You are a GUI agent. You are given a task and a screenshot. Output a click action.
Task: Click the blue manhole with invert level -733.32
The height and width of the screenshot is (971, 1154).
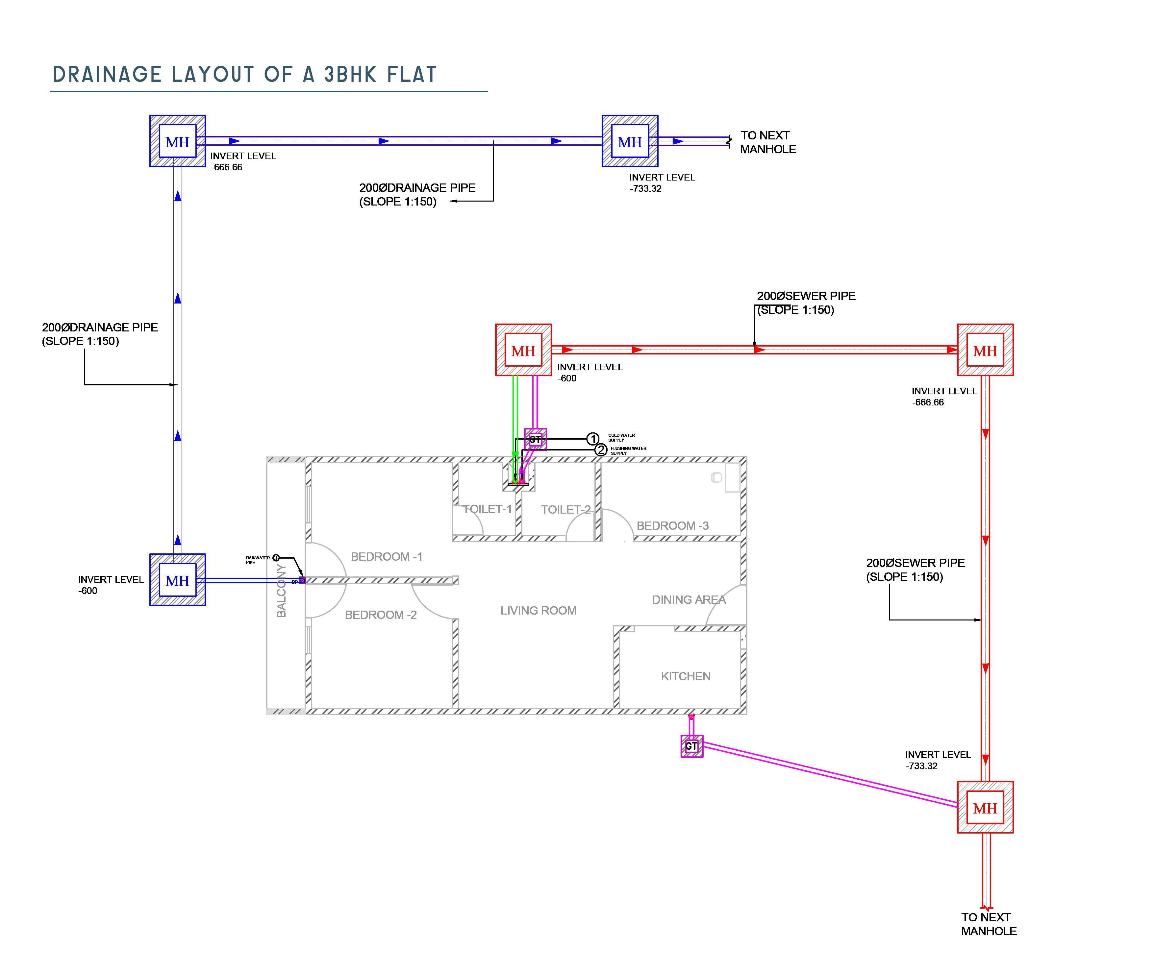click(x=630, y=141)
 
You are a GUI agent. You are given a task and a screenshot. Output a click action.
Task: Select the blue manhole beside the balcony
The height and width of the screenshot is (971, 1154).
click(x=177, y=580)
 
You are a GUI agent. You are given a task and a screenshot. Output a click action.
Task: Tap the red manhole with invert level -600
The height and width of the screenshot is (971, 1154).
click(x=523, y=351)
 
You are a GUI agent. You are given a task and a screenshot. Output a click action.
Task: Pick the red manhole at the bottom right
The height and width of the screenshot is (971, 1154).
click(x=985, y=808)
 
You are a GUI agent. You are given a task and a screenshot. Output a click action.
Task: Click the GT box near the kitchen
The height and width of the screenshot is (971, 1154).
click(x=691, y=746)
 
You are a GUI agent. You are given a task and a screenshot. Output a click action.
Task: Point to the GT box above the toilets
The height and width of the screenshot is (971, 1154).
click(x=535, y=439)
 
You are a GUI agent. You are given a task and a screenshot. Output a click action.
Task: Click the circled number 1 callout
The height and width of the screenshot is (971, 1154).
click(x=592, y=439)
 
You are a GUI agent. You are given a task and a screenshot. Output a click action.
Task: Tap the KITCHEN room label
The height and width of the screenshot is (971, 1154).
click(x=686, y=676)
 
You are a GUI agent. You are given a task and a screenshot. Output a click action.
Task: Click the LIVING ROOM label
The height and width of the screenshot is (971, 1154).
click(x=538, y=611)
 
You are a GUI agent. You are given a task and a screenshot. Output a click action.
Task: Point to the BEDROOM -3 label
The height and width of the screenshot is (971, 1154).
click(x=672, y=526)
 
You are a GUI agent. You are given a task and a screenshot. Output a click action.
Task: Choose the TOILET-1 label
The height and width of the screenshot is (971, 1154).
click(x=487, y=509)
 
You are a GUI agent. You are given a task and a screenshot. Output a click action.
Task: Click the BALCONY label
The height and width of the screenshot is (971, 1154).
click(x=281, y=591)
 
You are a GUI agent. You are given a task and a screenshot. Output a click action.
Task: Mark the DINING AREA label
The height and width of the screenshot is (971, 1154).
click(x=689, y=599)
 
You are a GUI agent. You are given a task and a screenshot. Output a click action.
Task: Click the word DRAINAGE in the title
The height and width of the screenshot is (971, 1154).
click(x=107, y=74)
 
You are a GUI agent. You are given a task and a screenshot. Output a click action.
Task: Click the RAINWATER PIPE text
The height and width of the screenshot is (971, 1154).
click(x=257, y=560)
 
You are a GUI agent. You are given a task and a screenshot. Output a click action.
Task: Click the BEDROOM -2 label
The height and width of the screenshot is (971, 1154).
click(x=381, y=615)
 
